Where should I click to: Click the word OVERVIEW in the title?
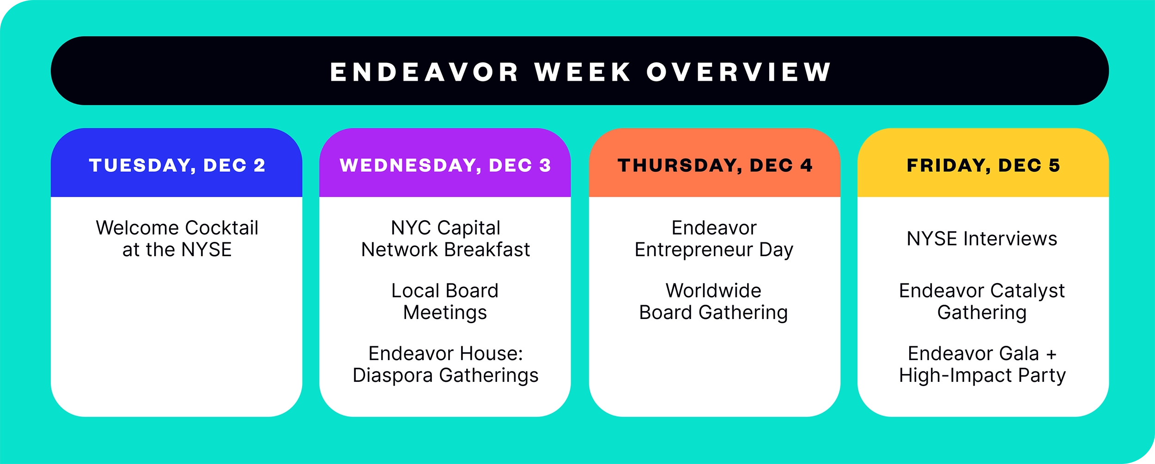pyautogui.click(x=739, y=72)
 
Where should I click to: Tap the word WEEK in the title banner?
pyautogui.click(x=583, y=72)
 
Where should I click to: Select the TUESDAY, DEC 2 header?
pyautogui.click(x=177, y=166)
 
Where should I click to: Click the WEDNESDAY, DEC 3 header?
pyautogui.click(x=445, y=166)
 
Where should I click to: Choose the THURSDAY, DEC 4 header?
pyautogui.click(x=715, y=166)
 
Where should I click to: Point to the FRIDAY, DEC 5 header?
pyautogui.click(x=983, y=165)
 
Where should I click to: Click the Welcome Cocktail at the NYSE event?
pyautogui.click(x=177, y=239)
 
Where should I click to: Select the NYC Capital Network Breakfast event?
pyautogui.click(x=445, y=239)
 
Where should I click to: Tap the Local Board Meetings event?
pyautogui.click(x=445, y=302)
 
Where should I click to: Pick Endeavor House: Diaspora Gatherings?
pyautogui.click(x=445, y=365)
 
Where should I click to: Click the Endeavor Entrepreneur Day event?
pyautogui.click(x=714, y=239)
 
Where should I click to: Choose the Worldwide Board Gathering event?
pyautogui.click(x=713, y=302)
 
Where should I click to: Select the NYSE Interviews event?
pyautogui.click(x=982, y=239)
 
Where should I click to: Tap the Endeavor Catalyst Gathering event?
pyautogui.click(x=982, y=302)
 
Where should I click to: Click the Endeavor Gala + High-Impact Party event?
pyautogui.click(x=982, y=365)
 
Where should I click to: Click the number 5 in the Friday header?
pyautogui.click(x=1054, y=165)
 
